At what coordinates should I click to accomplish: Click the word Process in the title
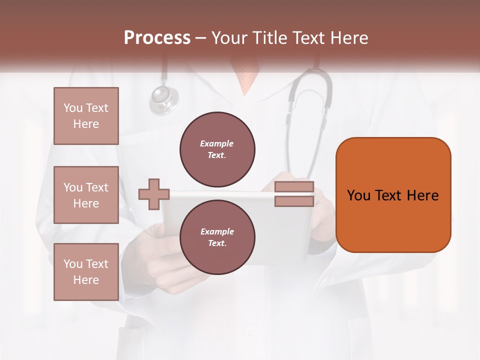click(157, 38)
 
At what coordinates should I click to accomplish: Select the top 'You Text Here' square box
click(86, 116)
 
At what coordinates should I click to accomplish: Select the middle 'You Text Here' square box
click(86, 195)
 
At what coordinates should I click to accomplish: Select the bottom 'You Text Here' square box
click(86, 271)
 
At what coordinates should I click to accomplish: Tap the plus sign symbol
click(154, 194)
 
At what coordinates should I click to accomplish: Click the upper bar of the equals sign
click(294, 187)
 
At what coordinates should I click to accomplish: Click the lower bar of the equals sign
click(294, 201)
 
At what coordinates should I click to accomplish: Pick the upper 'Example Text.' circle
click(217, 149)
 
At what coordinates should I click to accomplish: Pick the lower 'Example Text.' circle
click(217, 237)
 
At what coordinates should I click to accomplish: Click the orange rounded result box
click(393, 194)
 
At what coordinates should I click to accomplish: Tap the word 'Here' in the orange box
click(422, 195)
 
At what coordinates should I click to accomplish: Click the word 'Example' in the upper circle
click(216, 143)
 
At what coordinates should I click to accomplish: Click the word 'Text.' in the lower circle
click(217, 243)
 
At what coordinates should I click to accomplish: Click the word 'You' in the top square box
click(73, 108)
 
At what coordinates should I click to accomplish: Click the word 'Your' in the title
click(231, 38)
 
